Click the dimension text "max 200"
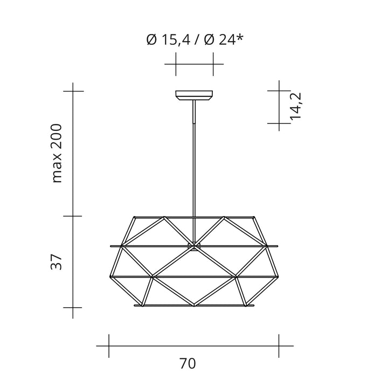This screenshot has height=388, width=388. click(x=58, y=153)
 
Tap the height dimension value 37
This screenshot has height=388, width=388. click(x=58, y=262)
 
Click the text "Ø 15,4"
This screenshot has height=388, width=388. click(x=167, y=40)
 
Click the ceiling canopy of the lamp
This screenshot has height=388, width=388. click(x=194, y=95)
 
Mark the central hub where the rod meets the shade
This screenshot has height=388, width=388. click(x=193, y=246)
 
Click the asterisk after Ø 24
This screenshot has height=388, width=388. click(x=238, y=38)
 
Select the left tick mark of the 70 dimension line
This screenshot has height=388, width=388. click(x=109, y=345)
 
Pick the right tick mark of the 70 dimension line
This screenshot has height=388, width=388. click(x=279, y=345)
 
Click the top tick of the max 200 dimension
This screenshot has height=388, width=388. click(x=73, y=91)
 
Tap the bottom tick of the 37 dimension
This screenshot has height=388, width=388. click(x=73, y=307)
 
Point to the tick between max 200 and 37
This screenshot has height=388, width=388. click(x=73, y=216)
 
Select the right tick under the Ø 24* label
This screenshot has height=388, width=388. click(x=213, y=65)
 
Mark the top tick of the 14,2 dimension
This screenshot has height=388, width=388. click(x=279, y=91)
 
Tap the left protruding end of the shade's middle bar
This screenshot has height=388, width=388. click(x=111, y=247)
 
